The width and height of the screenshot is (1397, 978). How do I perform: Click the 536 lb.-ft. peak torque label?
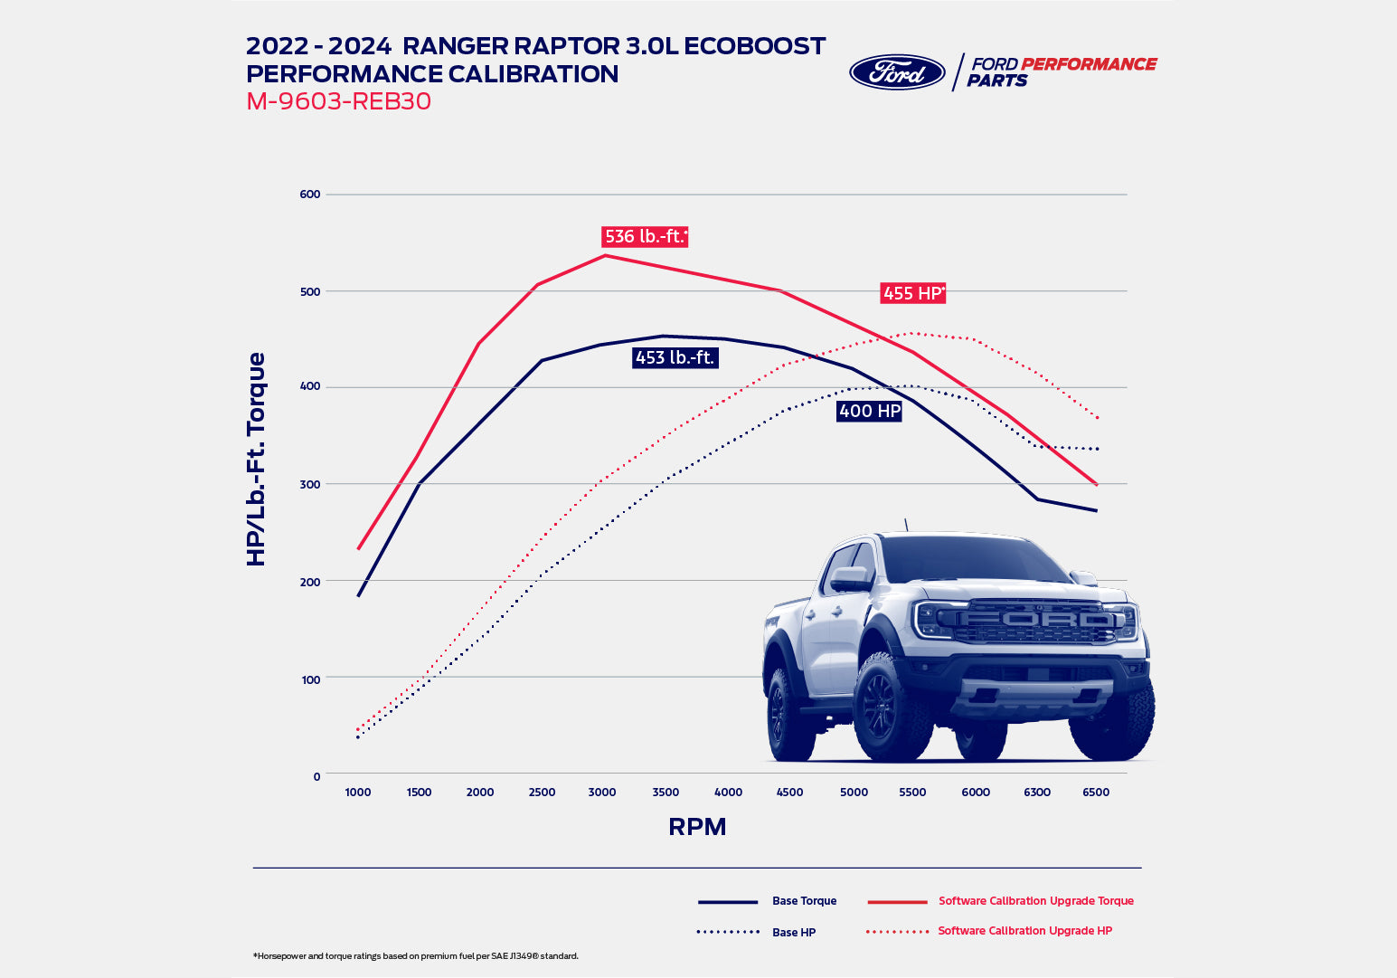tap(645, 237)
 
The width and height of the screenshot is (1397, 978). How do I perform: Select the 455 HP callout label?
tap(913, 293)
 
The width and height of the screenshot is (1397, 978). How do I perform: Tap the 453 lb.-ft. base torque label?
tap(675, 358)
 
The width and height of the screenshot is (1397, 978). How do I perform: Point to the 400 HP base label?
tap(869, 412)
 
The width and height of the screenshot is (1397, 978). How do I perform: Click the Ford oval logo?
tap(896, 72)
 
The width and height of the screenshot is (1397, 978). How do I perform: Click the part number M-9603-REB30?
tap(338, 101)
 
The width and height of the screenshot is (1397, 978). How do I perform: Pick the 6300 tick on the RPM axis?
tap(1036, 793)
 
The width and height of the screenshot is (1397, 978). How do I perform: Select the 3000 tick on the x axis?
tap(602, 793)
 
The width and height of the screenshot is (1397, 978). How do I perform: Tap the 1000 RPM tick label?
tap(358, 793)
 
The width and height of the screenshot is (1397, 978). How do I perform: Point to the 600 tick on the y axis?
tap(310, 195)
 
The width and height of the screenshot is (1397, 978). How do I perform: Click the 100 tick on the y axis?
tap(310, 679)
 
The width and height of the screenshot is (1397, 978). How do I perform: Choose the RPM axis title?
tap(697, 827)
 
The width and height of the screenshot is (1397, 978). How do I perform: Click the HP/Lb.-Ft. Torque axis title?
tap(257, 460)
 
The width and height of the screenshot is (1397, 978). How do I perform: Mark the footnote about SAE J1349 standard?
tap(416, 956)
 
